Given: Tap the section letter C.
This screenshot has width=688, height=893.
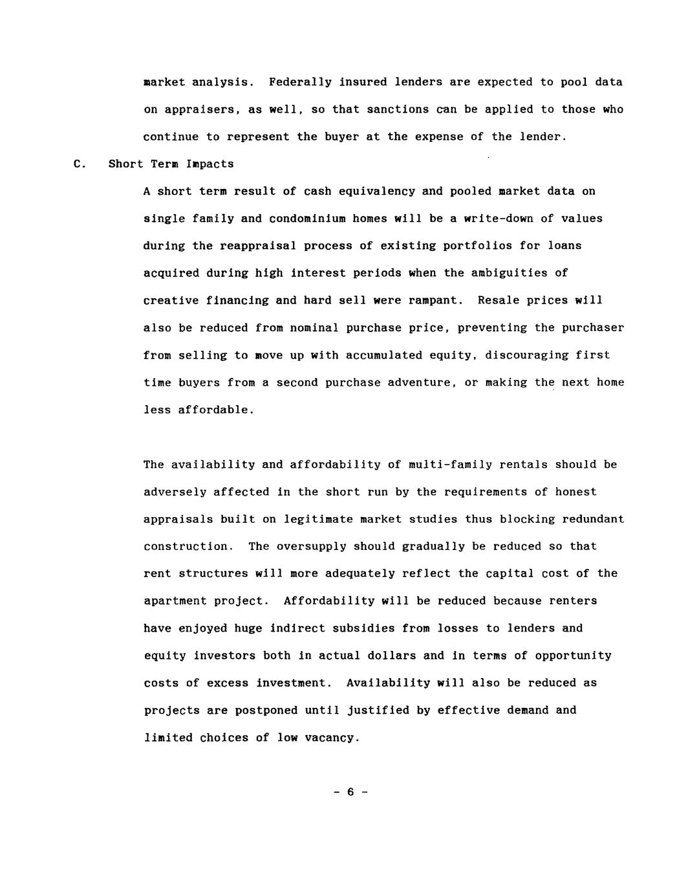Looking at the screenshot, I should point(80,164).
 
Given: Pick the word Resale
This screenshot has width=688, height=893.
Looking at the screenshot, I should point(499,300).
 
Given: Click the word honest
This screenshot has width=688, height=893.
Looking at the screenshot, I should point(575,492).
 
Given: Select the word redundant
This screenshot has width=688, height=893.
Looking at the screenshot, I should point(593,519).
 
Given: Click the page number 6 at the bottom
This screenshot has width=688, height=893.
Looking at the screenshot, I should point(350,792).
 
